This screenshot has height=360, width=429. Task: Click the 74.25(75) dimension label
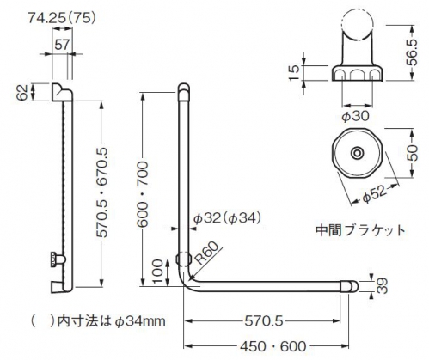62,18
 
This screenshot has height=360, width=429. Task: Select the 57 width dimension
62,45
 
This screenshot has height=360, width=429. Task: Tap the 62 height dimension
23,92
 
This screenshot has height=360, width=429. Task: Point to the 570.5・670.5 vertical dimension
101,192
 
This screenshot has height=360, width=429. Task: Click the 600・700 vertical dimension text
142,195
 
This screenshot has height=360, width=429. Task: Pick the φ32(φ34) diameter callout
227,219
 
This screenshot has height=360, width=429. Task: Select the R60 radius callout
207,253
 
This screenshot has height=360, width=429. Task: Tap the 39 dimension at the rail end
382,285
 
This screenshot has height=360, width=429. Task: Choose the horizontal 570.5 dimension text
264,320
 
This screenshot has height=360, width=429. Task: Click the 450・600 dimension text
273,346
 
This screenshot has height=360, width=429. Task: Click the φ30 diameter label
355,116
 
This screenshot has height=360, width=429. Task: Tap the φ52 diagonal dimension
375,194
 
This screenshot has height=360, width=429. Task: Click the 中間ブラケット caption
360,230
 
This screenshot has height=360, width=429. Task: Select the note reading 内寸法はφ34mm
111,321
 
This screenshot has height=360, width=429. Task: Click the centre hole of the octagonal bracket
357,153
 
